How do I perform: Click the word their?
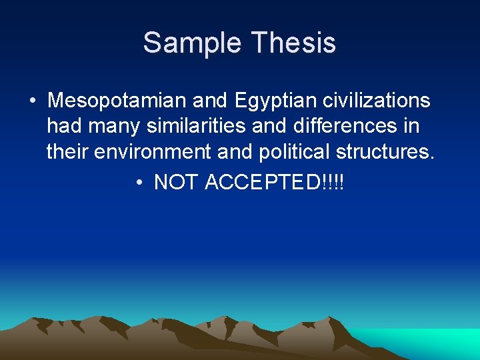68,151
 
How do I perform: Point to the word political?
293,151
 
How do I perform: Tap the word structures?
385,151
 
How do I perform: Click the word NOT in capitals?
177,181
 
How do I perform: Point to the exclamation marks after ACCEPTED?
333,181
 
